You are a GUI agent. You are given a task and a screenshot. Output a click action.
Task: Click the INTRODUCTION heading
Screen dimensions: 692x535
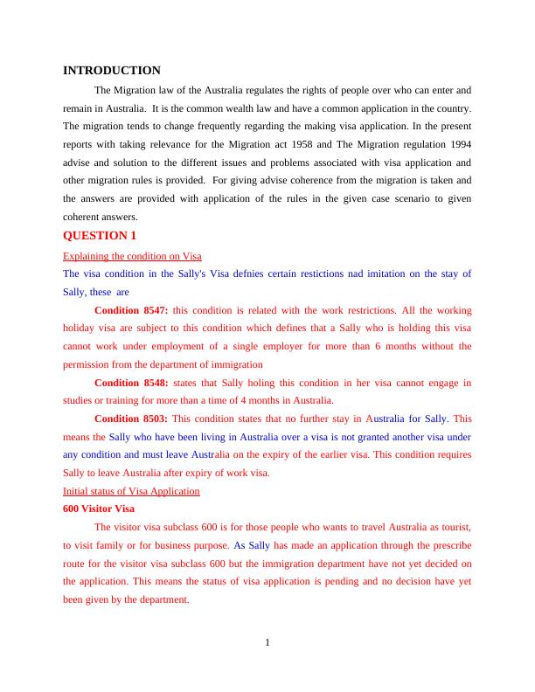(x=112, y=71)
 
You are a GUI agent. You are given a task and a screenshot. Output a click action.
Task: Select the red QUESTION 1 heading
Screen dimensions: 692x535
(x=100, y=236)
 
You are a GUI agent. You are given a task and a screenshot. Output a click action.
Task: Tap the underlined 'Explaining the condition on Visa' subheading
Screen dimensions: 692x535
(x=132, y=255)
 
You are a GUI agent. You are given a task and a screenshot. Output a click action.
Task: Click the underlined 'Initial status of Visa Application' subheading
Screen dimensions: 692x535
(x=131, y=491)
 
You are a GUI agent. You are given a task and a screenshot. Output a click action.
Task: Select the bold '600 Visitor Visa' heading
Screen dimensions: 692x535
(x=99, y=509)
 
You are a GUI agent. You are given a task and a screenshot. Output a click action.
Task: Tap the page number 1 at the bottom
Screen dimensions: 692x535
(x=267, y=644)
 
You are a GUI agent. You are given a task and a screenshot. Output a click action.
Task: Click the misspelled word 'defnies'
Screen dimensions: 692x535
(x=253, y=273)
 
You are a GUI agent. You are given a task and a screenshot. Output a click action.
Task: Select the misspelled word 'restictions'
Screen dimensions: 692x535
(x=312, y=273)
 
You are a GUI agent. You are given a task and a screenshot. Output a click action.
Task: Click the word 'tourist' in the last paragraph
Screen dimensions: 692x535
(x=455, y=527)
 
